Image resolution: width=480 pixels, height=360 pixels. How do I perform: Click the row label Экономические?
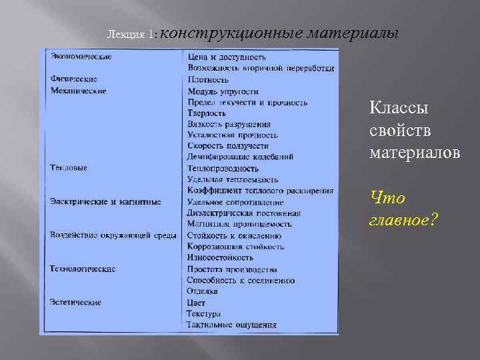[81, 57]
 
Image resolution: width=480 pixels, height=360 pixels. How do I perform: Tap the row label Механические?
[78, 91]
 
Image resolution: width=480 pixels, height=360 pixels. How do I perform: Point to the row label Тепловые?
[69, 168]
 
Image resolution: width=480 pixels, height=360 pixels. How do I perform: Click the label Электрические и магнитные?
[105, 201]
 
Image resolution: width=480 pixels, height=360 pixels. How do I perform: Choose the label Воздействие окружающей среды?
[113, 235]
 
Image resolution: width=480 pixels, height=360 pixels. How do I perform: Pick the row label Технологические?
[83, 269]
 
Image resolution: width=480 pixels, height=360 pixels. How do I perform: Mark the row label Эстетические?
[75, 302]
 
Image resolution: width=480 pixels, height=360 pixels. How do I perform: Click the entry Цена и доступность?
[227, 57]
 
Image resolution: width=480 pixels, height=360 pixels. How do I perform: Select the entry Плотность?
[208, 80]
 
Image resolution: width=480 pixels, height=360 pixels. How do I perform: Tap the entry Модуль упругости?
[223, 91]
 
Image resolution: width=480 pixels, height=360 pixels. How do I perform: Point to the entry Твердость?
[207, 113]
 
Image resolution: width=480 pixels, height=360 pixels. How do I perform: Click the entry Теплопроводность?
[223, 169]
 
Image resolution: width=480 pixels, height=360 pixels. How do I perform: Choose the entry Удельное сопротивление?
[235, 202]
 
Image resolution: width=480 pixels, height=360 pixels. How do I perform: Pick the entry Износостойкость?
[220, 257]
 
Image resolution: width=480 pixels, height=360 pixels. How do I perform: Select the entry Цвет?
[197, 303]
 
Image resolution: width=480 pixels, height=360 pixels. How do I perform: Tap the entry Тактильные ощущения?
[231, 325]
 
